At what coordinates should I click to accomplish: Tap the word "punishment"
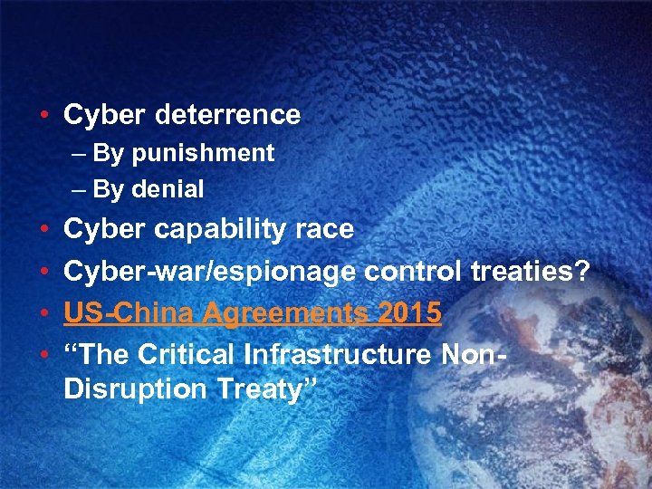203,154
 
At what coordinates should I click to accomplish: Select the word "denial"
168,189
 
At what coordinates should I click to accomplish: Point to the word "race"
324,230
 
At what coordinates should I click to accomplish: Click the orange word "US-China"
129,312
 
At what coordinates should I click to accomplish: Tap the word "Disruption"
137,389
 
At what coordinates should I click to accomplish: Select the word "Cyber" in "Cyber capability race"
100,230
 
